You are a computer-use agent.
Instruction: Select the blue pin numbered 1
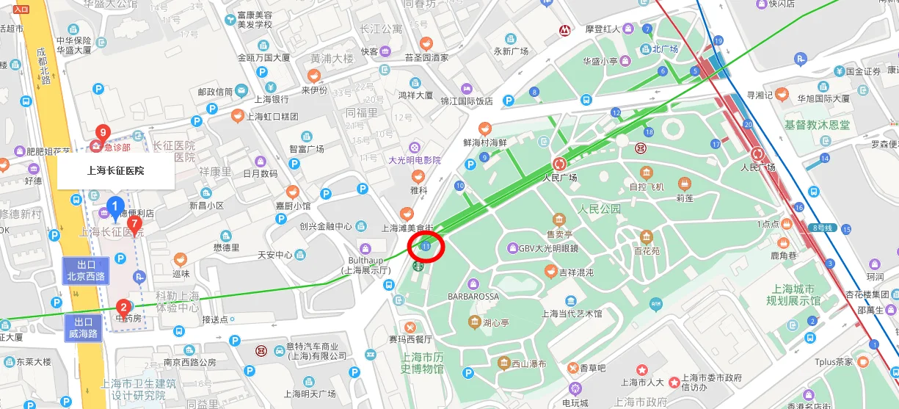114,205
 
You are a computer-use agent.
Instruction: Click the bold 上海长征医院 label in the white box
115,171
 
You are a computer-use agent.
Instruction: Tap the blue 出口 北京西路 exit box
86,271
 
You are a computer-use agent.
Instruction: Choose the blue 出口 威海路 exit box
83,328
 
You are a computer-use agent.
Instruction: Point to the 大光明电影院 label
415,160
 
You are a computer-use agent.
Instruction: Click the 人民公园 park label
599,209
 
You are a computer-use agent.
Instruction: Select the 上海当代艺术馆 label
572,314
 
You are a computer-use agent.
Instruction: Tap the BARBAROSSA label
473,297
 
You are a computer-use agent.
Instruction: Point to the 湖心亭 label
496,322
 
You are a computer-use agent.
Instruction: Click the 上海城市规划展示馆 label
793,294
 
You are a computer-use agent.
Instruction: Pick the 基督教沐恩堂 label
817,126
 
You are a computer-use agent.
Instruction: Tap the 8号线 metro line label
824,228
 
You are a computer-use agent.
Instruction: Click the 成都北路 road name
43,65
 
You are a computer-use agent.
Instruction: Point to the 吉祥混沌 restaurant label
577,272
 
